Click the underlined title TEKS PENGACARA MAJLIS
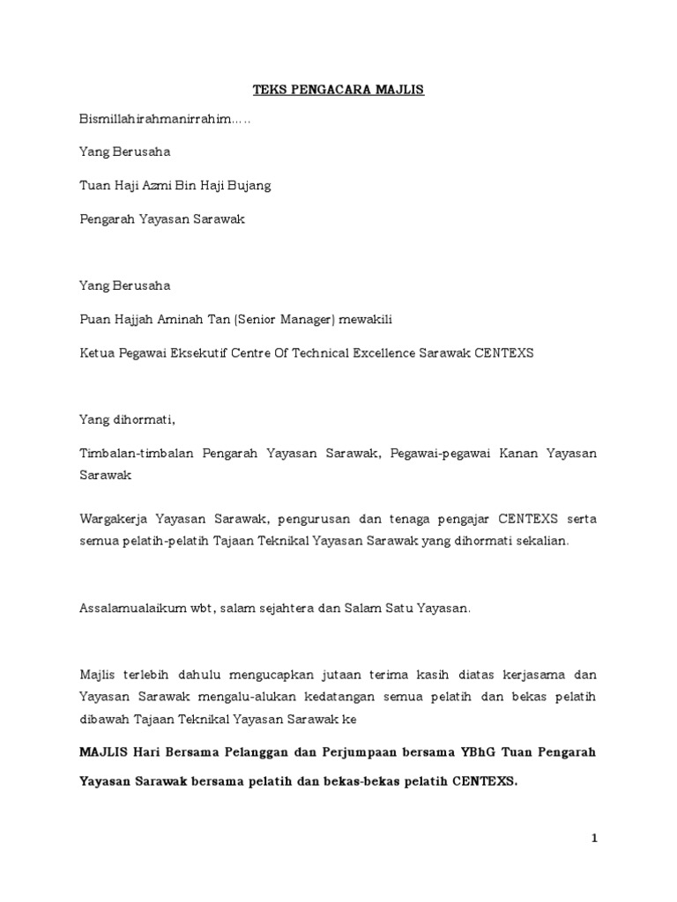click(338, 90)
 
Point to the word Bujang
click(250, 185)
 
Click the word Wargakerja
click(110, 520)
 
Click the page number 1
click(594, 839)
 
